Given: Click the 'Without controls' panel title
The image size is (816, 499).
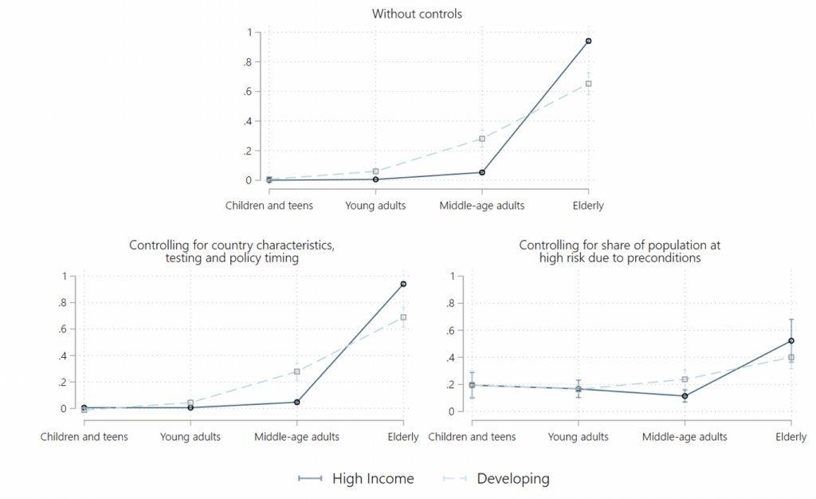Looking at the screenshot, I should point(417,14).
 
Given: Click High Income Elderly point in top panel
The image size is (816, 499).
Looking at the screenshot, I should point(588,41).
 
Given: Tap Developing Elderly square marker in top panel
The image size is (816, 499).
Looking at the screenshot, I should point(588,84).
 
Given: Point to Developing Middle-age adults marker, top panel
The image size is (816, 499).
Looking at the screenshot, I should point(482,139).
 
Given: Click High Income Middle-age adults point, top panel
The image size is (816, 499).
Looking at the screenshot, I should point(482,172).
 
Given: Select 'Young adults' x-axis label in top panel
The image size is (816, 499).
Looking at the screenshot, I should point(375,206).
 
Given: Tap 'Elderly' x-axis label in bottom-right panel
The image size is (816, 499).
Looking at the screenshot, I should point(791,437).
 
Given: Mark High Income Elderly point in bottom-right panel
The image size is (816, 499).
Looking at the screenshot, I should point(791,340).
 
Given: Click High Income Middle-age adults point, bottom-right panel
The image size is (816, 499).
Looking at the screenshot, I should point(685,396).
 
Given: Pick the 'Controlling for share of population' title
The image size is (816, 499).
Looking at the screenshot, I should point(620,252).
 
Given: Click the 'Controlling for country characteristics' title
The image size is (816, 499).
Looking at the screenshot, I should point(232,252).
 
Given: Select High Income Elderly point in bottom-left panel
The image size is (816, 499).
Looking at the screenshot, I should point(403,284).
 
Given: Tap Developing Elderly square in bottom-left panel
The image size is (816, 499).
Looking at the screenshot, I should point(403,317).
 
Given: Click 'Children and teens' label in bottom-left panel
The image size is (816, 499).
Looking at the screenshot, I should point(84,437).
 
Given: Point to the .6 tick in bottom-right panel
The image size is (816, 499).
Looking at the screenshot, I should point(450,331).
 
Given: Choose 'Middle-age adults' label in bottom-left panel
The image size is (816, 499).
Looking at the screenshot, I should point(296,437).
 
